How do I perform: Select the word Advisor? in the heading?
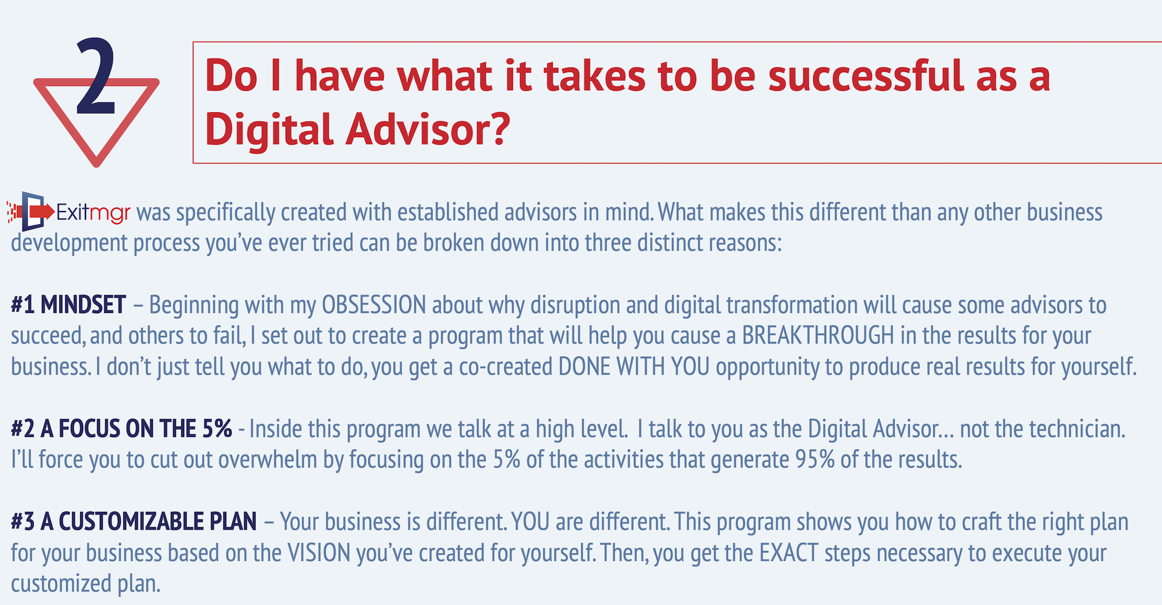[x=428, y=129]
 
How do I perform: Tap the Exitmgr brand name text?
[x=93, y=213]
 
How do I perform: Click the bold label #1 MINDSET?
[x=69, y=305]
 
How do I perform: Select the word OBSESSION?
[x=374, y=305]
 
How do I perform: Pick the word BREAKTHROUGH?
[x=818, y=336]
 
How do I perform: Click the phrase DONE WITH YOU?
[x=634, y=367]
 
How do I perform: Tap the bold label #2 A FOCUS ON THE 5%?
[x=121, y=429]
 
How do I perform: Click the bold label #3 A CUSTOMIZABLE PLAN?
[x=134, y=521]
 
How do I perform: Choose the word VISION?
[x=320, y=553]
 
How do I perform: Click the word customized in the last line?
[x=61, y=583]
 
